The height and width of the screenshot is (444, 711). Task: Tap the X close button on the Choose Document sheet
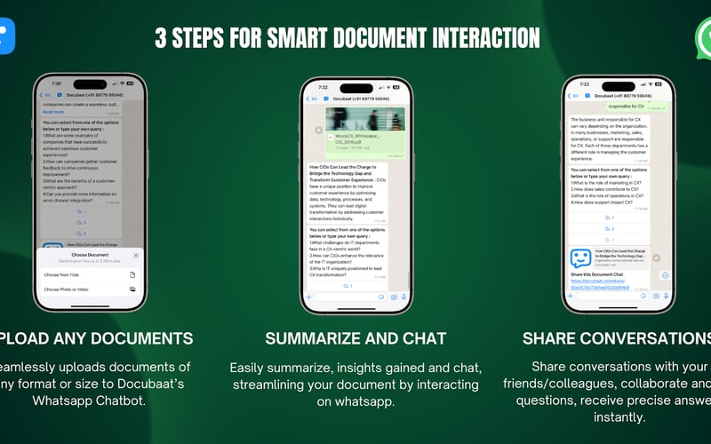pos(136,256)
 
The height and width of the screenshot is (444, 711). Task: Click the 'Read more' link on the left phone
pos(53,112)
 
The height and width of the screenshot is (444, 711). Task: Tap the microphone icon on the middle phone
pos(403,297)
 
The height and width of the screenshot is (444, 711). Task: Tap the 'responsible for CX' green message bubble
pos(626,107)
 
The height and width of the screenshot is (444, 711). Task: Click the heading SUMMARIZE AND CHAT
pos(355,338)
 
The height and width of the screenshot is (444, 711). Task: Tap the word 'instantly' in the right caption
pos(619,416)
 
